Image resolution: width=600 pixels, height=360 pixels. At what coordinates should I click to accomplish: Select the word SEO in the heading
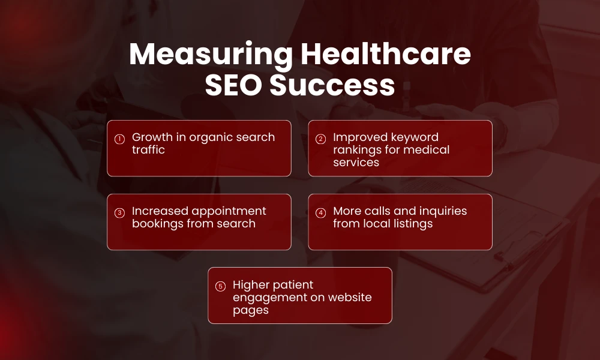pyautogui.click(x=232, y=85)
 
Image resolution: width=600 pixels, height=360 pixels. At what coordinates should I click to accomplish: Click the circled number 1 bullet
pyautogui.click(x=119, y=139)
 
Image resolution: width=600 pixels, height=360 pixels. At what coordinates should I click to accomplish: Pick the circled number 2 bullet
pyautogui.click(x=321, y=139)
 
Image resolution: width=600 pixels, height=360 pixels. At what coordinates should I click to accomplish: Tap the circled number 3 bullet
pyautogui.click(x=119, y=212)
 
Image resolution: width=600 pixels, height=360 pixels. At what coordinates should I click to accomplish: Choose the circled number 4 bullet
pyautogui.click(x=321, y=212)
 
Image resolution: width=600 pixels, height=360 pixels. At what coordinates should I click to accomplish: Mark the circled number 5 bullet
pyautogui.click(x=220, y=286)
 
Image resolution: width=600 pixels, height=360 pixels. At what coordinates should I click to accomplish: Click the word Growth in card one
pyautogui.click(x=152, y=137)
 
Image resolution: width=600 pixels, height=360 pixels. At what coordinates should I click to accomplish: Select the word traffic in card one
pyautogui.click(x=148, y=149)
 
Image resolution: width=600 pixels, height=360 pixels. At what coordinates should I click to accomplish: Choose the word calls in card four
pyautogui.click(x=380, y=211)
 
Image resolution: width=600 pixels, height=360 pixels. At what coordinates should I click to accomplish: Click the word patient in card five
pyautogui.click(x=292, y=284)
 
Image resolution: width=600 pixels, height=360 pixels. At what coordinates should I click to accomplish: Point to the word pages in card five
pyautogui.click(x=251, y=310)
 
